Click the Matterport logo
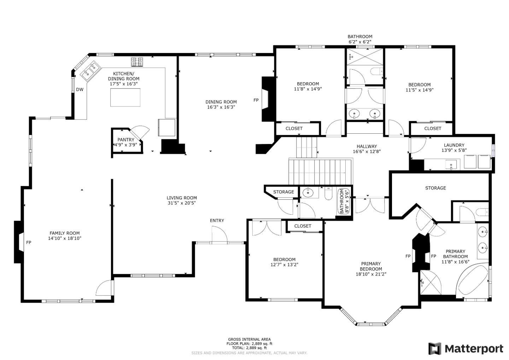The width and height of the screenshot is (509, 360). tap(466, 349)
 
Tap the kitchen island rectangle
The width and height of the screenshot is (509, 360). tap(125, 97)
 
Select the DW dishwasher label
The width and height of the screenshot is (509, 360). tap(80, 89)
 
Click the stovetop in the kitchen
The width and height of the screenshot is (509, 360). tap(137, 62)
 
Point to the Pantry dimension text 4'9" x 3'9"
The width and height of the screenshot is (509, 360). tap(125, 145)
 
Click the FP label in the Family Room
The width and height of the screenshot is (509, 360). tap(29, 243)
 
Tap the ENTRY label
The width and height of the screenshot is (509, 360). tap(217, 220)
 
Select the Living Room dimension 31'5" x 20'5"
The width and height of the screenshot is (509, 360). tap(182, 203)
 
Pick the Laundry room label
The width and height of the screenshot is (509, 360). tap(454, 145)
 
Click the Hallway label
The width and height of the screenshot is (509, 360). tap(367, 146)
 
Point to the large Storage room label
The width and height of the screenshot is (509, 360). tap(435, 188)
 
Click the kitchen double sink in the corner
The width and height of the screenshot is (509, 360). tap(90, 70)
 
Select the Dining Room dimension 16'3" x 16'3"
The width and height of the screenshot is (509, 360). tap(221, 107)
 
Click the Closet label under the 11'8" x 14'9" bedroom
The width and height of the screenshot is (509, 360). tap(294, 128)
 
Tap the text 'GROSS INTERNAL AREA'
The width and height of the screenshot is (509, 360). tap(249, 339)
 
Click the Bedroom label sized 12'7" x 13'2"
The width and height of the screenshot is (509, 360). tap(284, 260)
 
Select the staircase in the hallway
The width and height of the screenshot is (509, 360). tap(321, 171)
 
